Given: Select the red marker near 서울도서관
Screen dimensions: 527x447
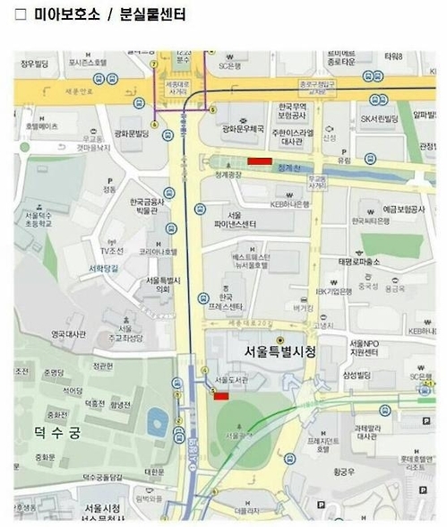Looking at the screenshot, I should (x=221, y=395).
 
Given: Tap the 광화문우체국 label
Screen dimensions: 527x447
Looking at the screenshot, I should (x=243, y=129).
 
